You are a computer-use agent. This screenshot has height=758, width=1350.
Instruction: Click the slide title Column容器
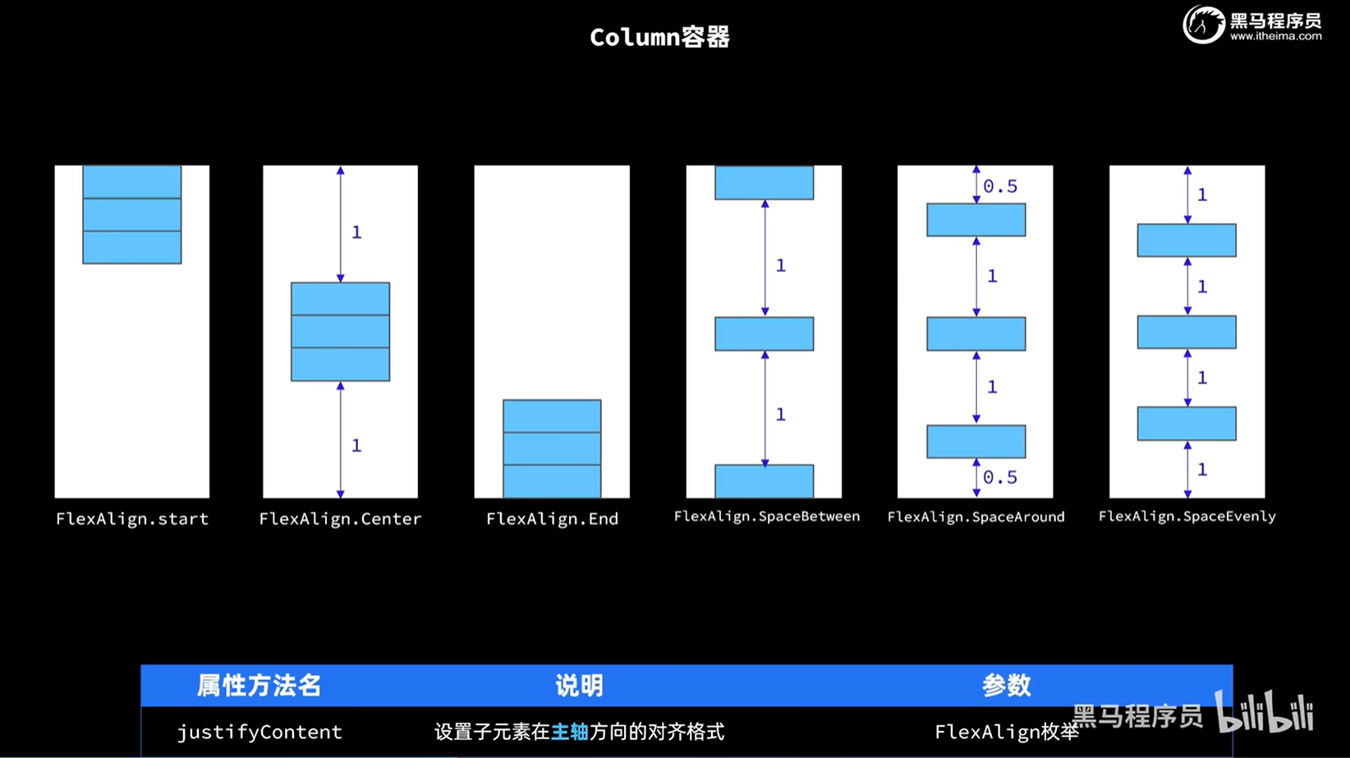[x=659, y=37]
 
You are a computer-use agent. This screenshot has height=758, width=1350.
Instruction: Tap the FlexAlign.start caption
[x=132, y=519]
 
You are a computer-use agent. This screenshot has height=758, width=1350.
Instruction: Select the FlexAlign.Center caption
[x=340, y=519]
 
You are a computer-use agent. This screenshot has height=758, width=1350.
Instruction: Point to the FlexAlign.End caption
[x=552, y=519]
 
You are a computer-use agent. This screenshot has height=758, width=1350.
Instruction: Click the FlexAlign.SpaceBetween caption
[x=766, y=517]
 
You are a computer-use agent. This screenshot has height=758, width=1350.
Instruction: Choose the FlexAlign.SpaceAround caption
[x=976, y=517]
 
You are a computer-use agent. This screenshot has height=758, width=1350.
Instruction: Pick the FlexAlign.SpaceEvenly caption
[x=1187, y=517]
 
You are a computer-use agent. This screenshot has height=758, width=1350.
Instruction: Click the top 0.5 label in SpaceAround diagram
[x=1000, y=187]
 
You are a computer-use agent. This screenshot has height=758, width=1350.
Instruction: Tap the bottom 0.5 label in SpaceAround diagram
[x=1000, y=477]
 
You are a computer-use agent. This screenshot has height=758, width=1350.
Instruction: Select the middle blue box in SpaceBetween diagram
[x=764, y=334]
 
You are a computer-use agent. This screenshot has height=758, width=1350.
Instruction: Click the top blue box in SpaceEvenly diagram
[x=1187, y=241]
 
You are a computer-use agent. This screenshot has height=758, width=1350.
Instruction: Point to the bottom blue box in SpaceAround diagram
[x=976, y=442]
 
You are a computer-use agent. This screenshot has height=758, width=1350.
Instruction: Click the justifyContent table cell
[x=259, y=732]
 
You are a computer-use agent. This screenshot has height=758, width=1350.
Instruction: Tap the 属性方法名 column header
[x=259, y=686]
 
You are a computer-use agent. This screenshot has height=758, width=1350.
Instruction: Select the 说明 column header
[x=579, y=686]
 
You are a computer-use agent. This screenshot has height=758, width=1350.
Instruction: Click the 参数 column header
[x=1006, y=686]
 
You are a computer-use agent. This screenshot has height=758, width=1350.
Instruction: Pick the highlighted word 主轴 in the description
[x=569, y=732]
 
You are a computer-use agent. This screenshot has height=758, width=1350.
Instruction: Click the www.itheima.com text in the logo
[x=1275, y=36]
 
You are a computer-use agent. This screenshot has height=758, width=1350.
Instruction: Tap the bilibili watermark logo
[x=1265, y=712]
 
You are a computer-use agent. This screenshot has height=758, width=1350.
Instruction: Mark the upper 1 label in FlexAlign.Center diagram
[x=356, y=232]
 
